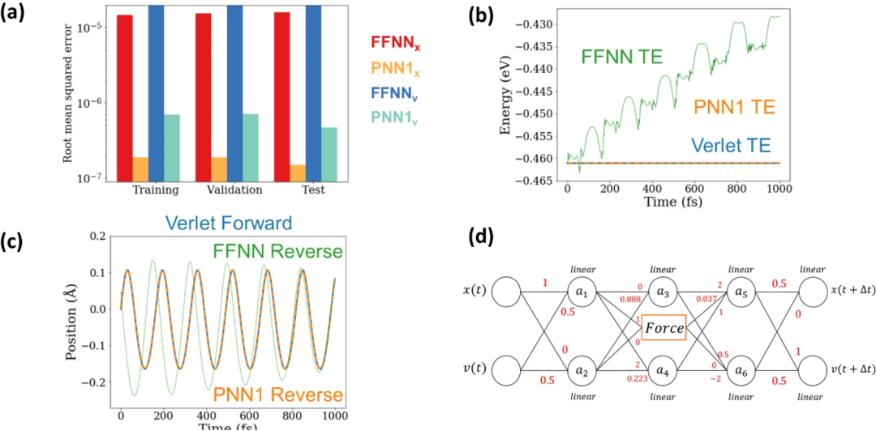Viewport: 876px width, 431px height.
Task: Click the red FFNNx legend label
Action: coord(400,42)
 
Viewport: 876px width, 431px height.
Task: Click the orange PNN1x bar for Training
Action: coord(141,169)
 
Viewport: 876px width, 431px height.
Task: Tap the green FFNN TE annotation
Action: coord(621,57)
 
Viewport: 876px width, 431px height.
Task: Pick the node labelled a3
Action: coord(662,291)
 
